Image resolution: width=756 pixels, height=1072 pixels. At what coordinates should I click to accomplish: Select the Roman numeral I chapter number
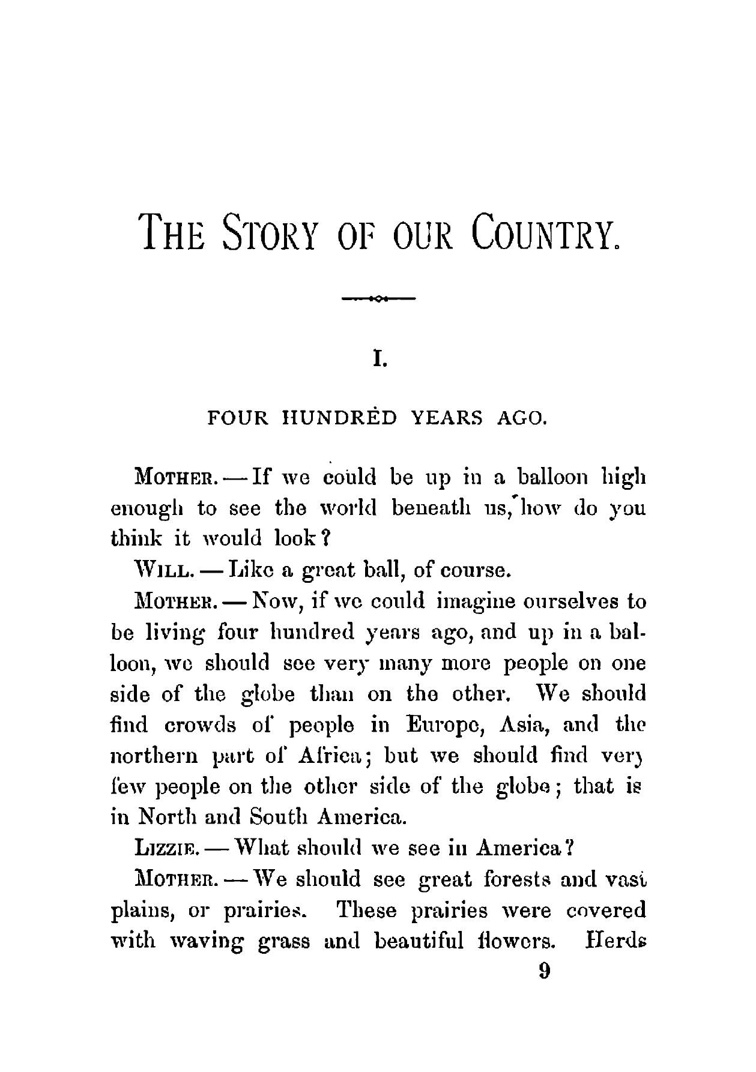point(378,360)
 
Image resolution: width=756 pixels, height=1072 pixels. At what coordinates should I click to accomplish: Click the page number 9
point(545,971)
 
